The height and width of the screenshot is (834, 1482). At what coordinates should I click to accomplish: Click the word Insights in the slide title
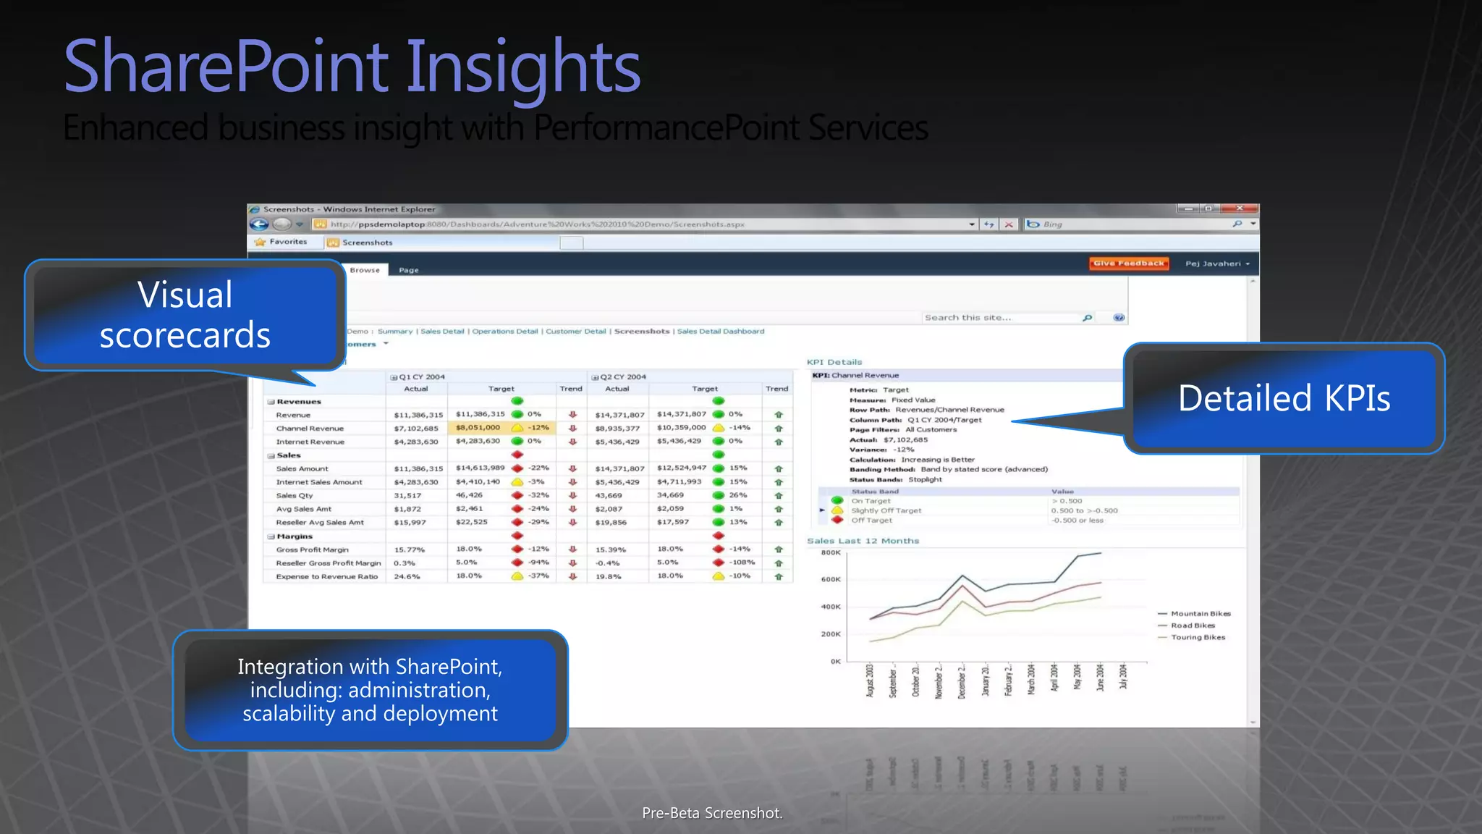tap(522, 67)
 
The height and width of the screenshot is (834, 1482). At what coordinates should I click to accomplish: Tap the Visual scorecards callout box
tap(185, 315)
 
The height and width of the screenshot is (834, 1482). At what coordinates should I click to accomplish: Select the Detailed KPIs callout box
tap(1284, 398)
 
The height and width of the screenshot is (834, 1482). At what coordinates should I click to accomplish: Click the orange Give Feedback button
tap(1129, 264)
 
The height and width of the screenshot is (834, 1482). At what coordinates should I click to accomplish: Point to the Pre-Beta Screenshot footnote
tap(712, 813)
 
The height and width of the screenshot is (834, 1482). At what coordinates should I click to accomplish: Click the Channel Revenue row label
tap(310, 429)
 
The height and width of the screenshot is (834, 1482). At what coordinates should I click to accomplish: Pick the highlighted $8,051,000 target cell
tap(478, 428)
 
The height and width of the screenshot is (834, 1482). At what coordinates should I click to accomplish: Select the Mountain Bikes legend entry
tap(1201, 614)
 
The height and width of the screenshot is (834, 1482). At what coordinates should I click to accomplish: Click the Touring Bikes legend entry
tap(1198, 638)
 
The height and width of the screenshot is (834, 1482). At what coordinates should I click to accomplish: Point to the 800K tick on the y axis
tap(831, 553)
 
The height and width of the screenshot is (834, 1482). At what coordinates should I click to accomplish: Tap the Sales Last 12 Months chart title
tap(863, 541)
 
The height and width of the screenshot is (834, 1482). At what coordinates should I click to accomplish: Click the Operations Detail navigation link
tap(505, 332)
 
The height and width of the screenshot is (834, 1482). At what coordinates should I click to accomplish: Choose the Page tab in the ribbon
tap(409, 270)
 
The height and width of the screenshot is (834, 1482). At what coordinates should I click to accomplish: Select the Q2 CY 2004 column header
tap(622, 377)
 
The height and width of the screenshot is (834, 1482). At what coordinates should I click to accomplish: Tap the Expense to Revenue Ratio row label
tap(326, 577)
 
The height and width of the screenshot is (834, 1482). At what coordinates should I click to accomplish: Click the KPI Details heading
tap(834, 362)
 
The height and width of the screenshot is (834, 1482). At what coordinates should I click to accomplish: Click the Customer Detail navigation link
tap(575, 332)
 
